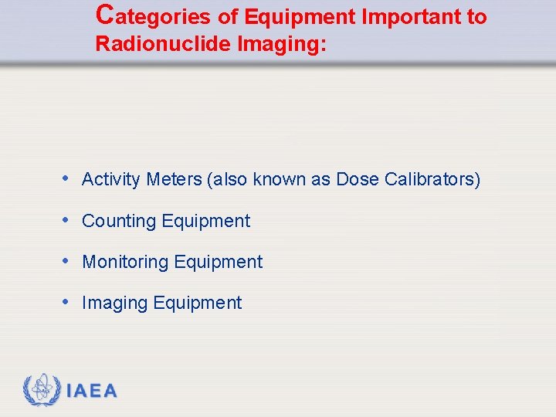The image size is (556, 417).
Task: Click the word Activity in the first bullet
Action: [111, 180]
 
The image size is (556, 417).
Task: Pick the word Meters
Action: [174, 180]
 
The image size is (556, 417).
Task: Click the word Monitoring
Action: [125, 263]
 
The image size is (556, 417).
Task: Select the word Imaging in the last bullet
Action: [115, 303]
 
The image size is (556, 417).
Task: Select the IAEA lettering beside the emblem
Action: [92, 392]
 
